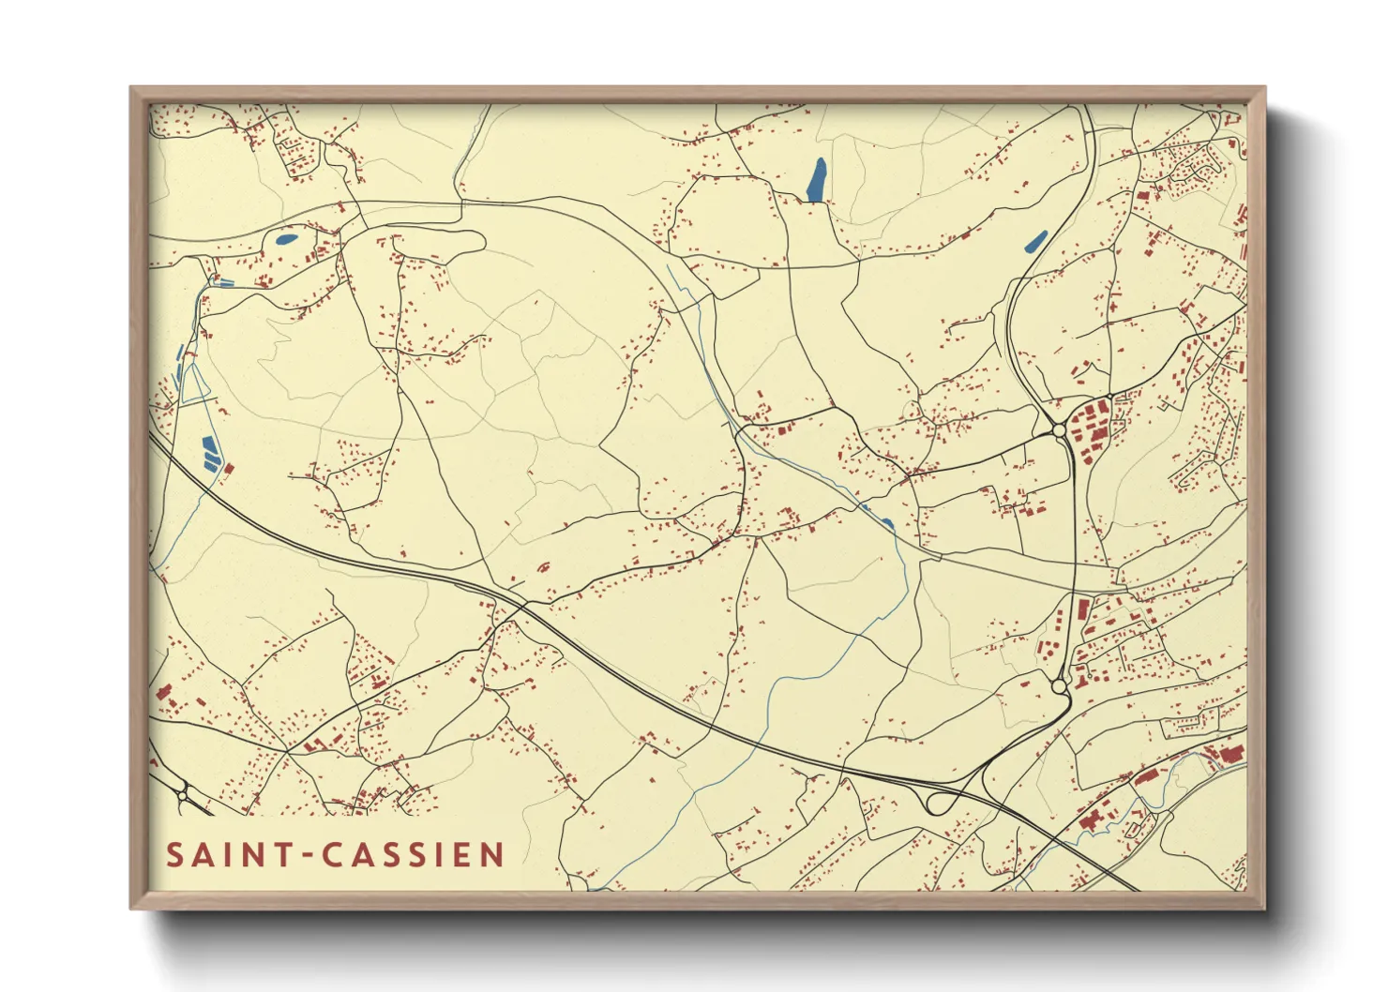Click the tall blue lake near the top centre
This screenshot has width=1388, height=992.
(817, 179)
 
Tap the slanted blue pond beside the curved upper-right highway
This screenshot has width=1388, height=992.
(1035, 241)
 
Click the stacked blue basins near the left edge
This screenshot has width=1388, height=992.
(209, 452)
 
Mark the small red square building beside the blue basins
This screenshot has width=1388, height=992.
(229, 467)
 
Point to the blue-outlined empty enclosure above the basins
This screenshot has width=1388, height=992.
(196, 385)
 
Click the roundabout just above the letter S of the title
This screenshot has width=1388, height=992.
(183, 796)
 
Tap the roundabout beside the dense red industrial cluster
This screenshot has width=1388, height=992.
(1059, 430)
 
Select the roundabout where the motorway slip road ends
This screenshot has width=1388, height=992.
(1060, 687)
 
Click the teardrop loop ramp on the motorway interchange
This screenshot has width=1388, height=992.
(938, 803)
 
